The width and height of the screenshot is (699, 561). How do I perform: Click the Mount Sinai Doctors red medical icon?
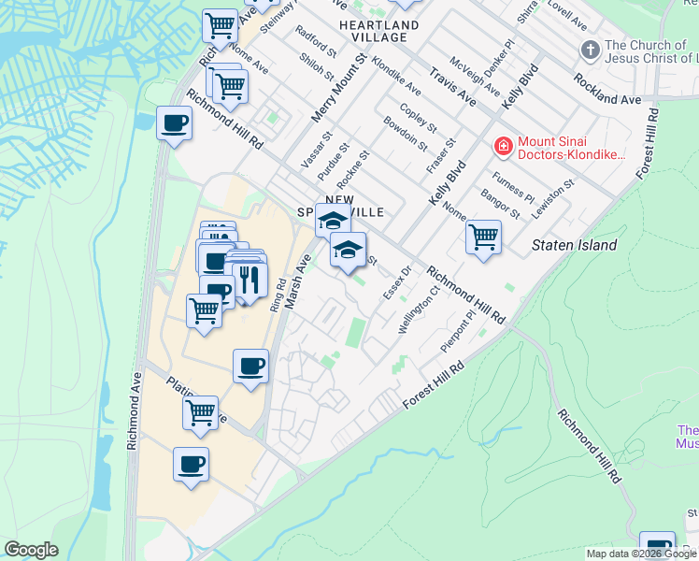click(x=502, y=146)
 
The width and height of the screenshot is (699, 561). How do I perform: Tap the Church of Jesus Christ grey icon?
click(x=590, y=49)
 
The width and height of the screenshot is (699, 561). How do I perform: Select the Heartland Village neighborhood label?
click(x=373, y=30)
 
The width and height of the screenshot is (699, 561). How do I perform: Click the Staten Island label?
click(x=574, y=245)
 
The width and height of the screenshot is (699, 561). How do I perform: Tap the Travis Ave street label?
click(x=452, y=86)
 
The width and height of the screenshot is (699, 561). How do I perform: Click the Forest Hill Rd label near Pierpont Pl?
click(x=434, y=385)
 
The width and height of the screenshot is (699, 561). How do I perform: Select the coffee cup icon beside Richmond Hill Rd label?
click(x=174, y=122)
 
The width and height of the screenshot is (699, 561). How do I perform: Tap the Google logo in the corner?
click(x=31, y=550)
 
